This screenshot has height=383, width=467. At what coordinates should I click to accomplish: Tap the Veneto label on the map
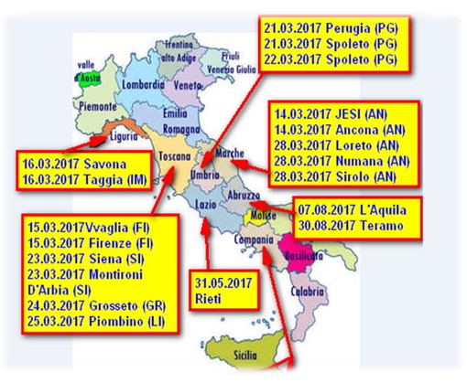(190, 85)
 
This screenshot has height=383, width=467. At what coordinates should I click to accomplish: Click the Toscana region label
(175, 156)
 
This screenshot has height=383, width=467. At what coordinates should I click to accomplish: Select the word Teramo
(380, 224)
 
